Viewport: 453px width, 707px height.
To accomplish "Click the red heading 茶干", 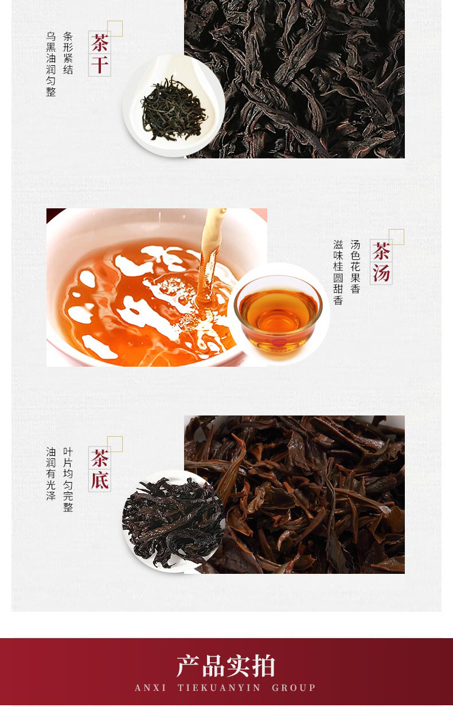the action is click(100, 54).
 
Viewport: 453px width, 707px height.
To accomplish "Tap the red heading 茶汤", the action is click(381, 262).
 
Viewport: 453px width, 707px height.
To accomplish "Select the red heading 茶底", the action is click(100, 469).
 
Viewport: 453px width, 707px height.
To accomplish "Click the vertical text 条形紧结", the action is click(68, 53).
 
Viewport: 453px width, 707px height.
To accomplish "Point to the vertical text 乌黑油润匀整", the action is click(51, 64).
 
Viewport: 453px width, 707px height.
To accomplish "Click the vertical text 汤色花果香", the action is click(355, 267).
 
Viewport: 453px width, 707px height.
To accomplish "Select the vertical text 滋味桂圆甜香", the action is click(338, 273).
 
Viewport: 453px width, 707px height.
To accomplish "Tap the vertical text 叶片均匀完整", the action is click(68, 479).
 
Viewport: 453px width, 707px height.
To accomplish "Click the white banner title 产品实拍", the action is click(226, 666).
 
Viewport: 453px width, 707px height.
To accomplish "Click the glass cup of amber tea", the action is click(278, 316).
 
